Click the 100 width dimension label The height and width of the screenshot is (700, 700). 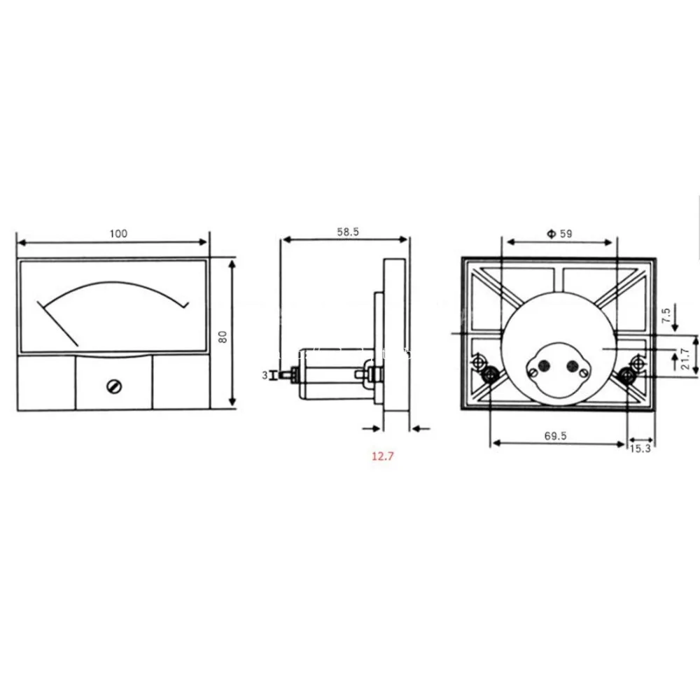(x=118, y=234)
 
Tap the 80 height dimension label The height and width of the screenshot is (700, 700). (x=223, y=337)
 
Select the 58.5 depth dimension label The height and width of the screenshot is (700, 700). (x=348, y=232)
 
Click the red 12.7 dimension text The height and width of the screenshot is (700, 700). (x=383, y=456)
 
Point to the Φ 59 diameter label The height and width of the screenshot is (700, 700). (x=559, y=234)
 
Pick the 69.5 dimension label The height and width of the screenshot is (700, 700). (x=555, y=435)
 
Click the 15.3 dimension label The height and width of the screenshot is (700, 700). (x=640, y=449)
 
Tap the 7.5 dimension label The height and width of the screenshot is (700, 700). (x=666, y=316)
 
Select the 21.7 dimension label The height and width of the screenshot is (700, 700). (x=686, y=358)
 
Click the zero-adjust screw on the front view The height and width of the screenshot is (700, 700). (x=114, y=386)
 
